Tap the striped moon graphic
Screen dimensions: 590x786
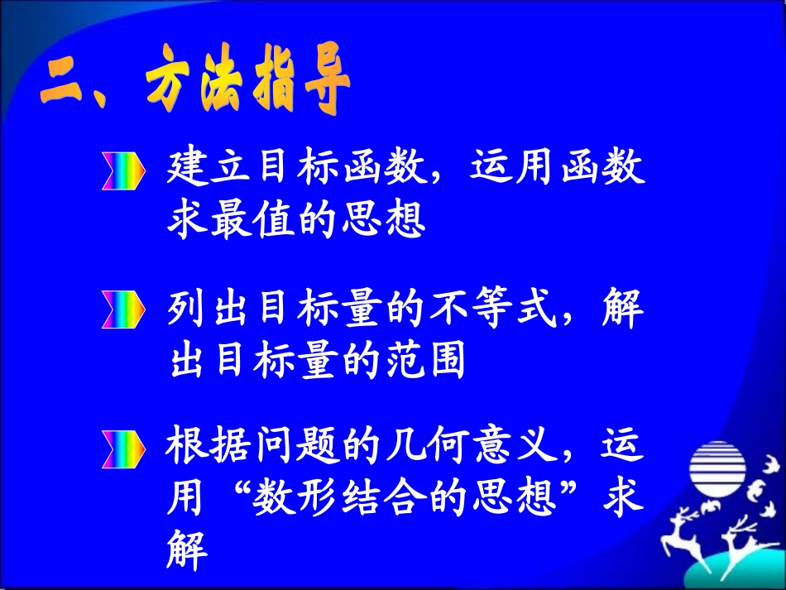[x=718, y=468]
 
